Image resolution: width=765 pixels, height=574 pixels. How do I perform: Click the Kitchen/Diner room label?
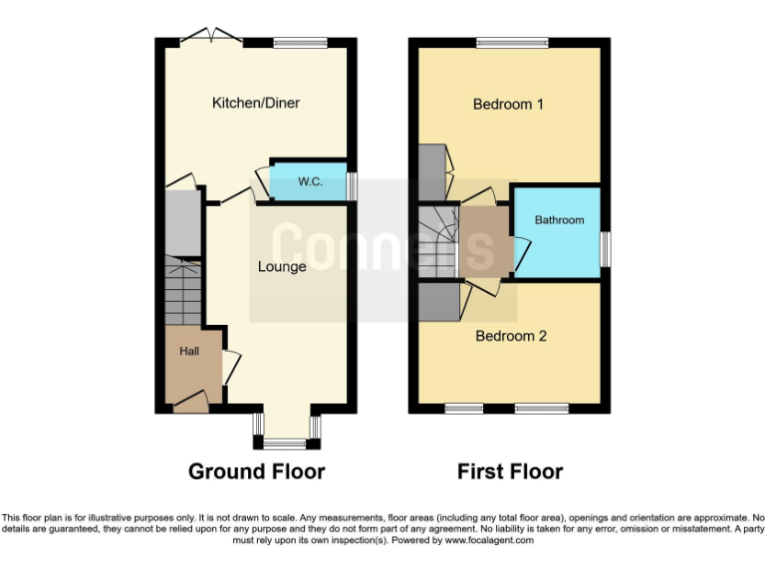(255, 103)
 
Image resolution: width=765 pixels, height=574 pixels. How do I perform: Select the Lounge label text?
(282, 266)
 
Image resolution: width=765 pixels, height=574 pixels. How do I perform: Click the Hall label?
(189, 351)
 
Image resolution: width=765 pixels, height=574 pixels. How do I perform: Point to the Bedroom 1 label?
(508, 104)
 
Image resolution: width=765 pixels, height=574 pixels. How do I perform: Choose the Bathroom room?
(558, 221)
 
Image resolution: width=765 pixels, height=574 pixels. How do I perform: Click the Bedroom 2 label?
(511, 336)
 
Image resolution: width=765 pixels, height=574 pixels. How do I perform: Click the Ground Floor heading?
(256, 471)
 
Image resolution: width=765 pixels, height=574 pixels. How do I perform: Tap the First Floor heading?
(510, 471)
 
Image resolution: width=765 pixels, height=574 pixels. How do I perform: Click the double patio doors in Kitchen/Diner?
(211, 38)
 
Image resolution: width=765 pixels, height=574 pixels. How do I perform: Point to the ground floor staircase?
(182, 289)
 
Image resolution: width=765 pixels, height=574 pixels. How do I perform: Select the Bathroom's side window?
(605, 249)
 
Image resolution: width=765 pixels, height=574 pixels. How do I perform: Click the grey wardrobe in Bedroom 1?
(433, 171)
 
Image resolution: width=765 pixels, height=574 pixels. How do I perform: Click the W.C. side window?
(351, 185)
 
